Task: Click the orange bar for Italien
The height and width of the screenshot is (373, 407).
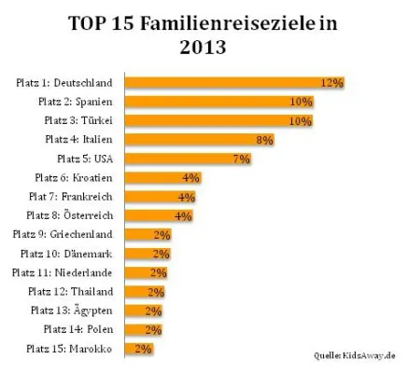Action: pos(200,139)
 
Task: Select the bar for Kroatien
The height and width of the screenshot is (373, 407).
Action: pos(163,177)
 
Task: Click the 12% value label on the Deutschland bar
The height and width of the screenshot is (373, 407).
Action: pos(331,82)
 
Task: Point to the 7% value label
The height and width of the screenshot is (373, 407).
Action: pos(242,159)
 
